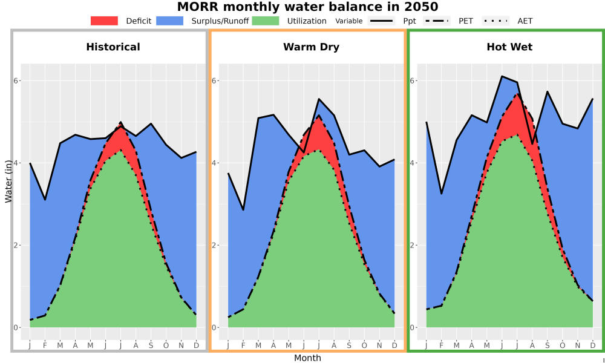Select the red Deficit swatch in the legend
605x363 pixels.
104,21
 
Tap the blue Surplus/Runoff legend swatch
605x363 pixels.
170,21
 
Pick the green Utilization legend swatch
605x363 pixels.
266,21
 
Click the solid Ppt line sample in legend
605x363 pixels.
381,21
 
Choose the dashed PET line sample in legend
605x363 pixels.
436,21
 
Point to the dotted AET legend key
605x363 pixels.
495,21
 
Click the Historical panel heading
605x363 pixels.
113,47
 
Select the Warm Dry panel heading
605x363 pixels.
312,47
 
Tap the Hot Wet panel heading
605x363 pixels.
509,47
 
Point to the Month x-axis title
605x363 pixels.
307,358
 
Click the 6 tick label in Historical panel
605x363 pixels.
16,80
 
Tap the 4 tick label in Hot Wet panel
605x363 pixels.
413,163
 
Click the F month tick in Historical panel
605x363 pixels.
45,345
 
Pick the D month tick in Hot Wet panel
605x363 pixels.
593,345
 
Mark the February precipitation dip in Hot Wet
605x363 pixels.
442,194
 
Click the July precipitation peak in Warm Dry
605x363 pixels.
319,99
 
